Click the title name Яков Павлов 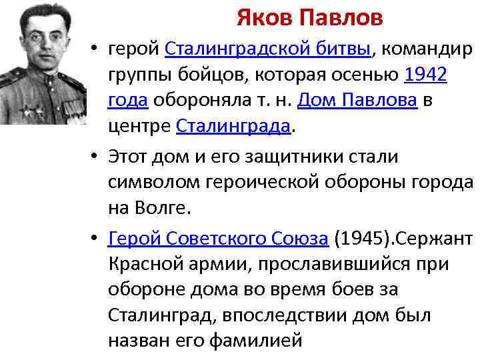(x=309, y=18)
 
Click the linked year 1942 (x=426, y=75)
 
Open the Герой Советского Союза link (x=218, y=239)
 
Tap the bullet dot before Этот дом (x=97, y=158)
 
